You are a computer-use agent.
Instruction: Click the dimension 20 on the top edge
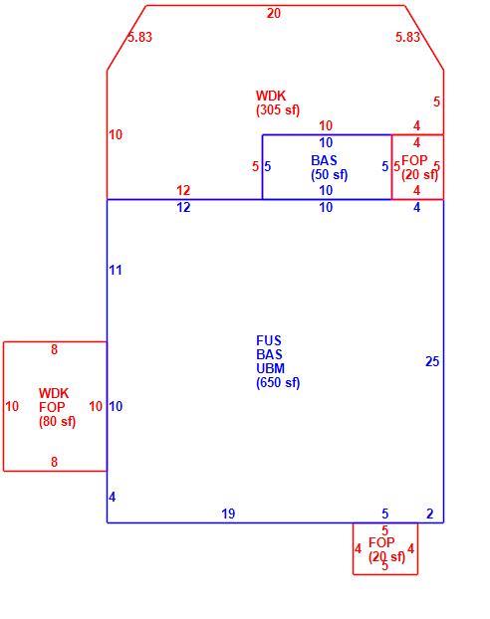274,13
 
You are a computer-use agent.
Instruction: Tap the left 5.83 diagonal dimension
139,37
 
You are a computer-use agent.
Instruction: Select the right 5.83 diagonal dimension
407,37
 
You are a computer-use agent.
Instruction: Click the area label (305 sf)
278,109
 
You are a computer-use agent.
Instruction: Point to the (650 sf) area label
278,382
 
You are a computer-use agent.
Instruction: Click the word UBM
270,368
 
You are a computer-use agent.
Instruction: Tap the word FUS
269,340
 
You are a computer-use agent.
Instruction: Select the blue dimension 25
432,361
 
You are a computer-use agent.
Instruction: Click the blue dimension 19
228,514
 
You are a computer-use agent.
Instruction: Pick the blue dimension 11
116,271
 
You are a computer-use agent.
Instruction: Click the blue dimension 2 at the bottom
430,514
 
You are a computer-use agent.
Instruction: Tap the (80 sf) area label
57,421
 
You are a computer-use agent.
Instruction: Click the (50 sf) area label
330,174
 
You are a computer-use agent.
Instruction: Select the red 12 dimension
183,190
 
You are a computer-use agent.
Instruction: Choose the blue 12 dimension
183,207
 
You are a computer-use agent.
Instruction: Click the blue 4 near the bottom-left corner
113,497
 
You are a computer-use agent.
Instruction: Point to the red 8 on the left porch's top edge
54,349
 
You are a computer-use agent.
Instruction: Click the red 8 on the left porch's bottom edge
54,462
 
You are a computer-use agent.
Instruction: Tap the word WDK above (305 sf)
271,96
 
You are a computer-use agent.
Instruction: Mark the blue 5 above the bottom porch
385,514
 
